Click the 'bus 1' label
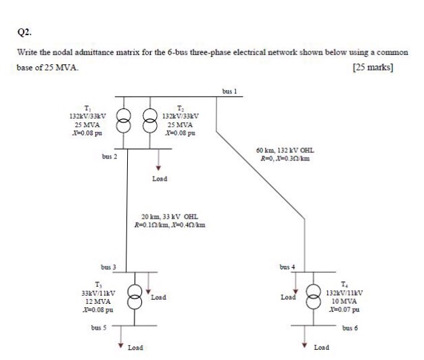pyautogui.click(x=229, y=91)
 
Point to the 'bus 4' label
pyautogui.click(x=288, y=267)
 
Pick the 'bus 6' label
pyautogui.click(x=350, y=328)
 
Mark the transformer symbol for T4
pyautogui.click(x=313, y=296)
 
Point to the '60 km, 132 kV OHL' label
pyautogui.click(x=285, y=151)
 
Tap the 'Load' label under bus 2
pyautogui.click(x=160, y=179)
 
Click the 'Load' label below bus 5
pyautogui.click(x=135, y=347)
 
